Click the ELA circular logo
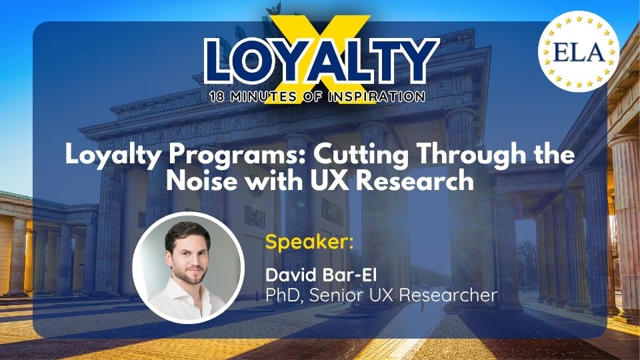(579, 51)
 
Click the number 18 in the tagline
(217, 97)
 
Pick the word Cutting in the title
(361, 155)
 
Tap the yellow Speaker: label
(309, 241)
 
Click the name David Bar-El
(321, 275)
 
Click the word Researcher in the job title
(448, 295)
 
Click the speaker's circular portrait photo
(189, 268)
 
